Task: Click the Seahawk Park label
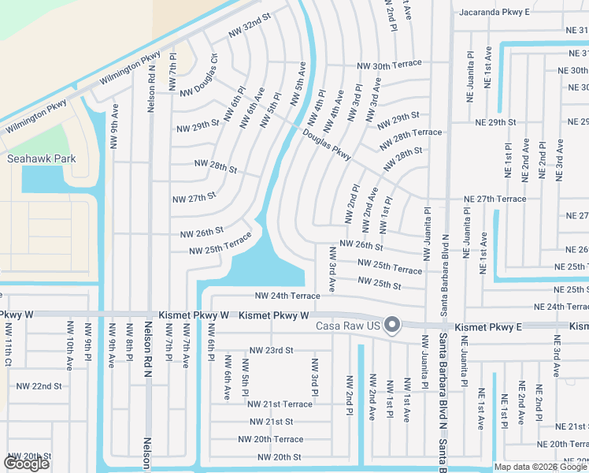pos(41,158)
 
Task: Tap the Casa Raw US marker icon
pos(392,326)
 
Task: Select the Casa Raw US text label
pos(348,326)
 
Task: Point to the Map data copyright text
pos(541,467)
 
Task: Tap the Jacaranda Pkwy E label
pos(495,13)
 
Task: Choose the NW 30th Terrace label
pos(389,65)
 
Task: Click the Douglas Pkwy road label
pos(326,144)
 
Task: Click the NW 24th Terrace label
pos(287,296)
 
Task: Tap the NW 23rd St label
pos(271,350)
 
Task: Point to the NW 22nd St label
pos(39,386)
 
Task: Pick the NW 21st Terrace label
pos(280,404)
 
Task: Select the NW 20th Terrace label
pos(270,439)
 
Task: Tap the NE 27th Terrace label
pos(495,199)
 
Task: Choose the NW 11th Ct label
pos(8,344)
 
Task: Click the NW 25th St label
pos(379,281)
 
